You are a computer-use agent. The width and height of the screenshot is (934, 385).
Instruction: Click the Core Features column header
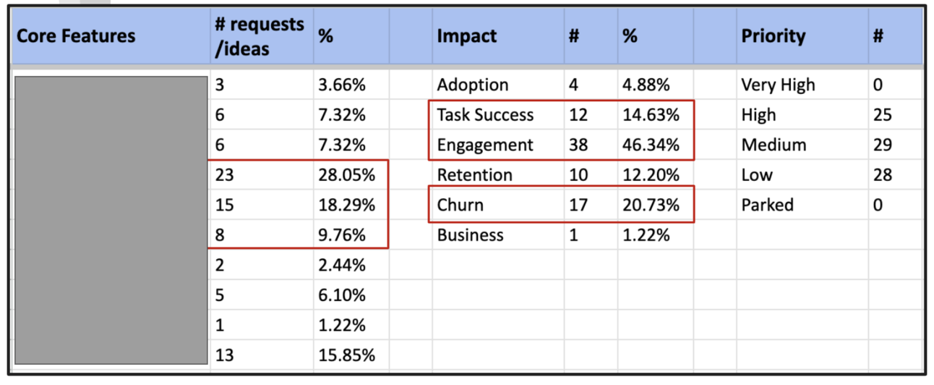pyautogui.click(x=76, y=36)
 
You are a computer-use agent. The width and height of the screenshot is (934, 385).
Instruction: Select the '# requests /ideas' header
pyautogui.click(x=259, y=36)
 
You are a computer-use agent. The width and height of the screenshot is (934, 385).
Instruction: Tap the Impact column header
pyautogui.click(x=466, y=36)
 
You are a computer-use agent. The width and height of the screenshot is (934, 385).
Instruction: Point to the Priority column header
pyautogui.click(x=773, y=36)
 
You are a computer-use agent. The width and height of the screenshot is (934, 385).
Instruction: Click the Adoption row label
pyautogui.click(x=472, y=85)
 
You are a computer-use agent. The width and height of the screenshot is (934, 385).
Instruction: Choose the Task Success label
pyautogui.click(x=485, y=115)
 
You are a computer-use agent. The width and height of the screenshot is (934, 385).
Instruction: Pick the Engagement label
pyautogui.click(x=484, y=145)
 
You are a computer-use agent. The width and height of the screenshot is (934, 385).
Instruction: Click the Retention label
pyautogui.click(x=474, y=175)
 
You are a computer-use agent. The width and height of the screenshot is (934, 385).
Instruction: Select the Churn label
pyautogui.click(x=460, y=206)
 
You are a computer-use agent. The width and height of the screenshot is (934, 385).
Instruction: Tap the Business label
pyautogui.click(x=470, y=235)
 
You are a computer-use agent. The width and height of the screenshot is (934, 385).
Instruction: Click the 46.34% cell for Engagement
pyautogui.click(x=651, y=145)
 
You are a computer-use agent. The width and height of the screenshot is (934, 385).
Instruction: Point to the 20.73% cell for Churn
pyautogui.click(x=651, y=206)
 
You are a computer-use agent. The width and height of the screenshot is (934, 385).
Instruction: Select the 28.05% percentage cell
pyautogui.click(x=346, y=175)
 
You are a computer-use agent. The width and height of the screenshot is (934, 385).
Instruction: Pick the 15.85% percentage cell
pyautogui.click(x=346, y=355)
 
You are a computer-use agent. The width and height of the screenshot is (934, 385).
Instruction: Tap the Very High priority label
pyautogui.click(x=778, y=85)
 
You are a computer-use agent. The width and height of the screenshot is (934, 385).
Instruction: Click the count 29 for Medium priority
pyautogui.click(x=882, y=145)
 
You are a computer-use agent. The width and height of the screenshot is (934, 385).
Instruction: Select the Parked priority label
pyautogui.click(x=767, y=206)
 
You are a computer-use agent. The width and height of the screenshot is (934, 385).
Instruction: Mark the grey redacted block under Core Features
pyautogui.click(x=111, y=220)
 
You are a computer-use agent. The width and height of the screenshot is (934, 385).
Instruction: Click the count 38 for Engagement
pyautogui.click(x=578, y=145)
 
